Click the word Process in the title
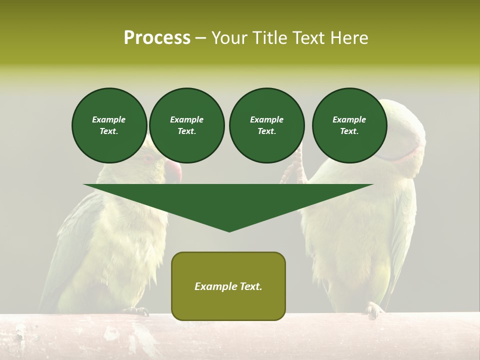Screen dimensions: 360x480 pos(157,38)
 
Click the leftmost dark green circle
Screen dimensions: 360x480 pos(109,125)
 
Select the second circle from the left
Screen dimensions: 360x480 pos(186,125)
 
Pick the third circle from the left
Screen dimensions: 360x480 pos(266,125)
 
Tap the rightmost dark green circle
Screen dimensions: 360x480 pos(349,125)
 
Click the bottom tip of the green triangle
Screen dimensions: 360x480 pos(229,230)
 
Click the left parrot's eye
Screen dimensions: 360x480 pos(148,159)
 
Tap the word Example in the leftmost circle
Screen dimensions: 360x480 pos(109,119)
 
